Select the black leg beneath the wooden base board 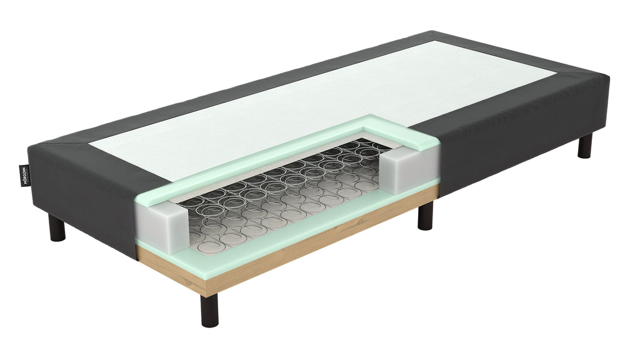(x=209, y=311)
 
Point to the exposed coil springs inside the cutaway (x=281, y=194)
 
